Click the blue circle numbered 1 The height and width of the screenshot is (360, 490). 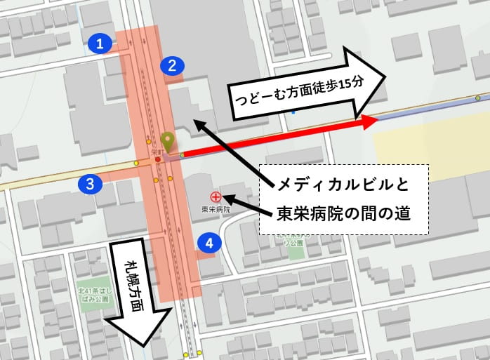pyautogui.click(x=100, y=44)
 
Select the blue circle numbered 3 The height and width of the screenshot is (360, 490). pyautogui.click(x=90, y=185)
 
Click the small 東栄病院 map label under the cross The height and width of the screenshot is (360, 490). pyautogui.click(x=216, y=209)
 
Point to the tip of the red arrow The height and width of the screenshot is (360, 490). pyautogui.click(x=377, y=121)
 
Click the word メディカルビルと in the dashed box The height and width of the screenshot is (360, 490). pyautogui.click(x=343, y=185)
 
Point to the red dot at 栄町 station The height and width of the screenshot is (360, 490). pyautogui.click(x=158, y=159)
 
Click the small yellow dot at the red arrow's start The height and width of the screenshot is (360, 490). pyautogui.click(x=182, y=155)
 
